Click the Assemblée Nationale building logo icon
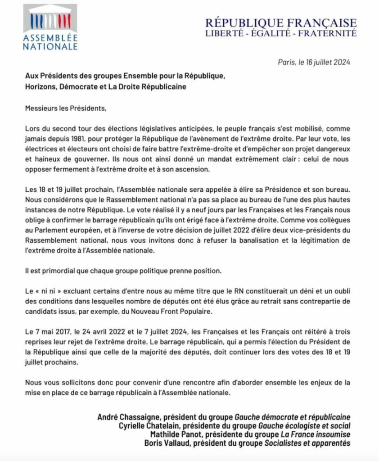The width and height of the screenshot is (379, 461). tap(50, 18)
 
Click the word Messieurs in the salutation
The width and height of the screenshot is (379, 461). tap(41, 108)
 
